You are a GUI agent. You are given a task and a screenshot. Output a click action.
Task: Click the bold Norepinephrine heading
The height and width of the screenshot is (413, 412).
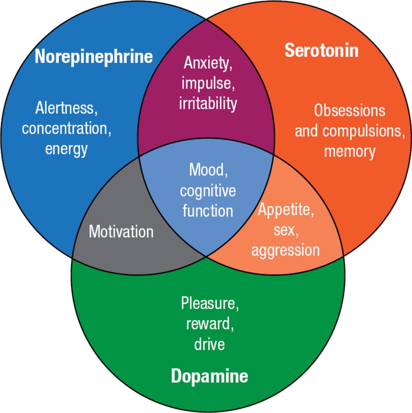[93, 56]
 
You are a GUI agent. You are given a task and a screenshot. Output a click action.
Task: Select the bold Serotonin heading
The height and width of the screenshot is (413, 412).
[321, 51]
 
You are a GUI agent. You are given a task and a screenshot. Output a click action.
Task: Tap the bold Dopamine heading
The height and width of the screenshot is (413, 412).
[209, 376]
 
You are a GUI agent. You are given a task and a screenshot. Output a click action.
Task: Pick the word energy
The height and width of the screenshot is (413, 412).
[66, 149]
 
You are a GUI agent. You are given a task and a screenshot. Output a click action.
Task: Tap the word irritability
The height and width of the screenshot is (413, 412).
[208, 103]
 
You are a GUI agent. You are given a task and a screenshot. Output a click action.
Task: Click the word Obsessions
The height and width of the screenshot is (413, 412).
[349, 110]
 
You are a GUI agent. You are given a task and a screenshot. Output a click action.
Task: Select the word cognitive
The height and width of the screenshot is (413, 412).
[208, 191]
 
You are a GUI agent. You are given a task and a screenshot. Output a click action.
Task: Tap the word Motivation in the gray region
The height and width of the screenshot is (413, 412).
[121, 232]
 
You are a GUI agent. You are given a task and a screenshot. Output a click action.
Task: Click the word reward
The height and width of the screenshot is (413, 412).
[209, 324]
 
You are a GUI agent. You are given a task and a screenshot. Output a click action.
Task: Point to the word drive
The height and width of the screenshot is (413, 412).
[209, 344]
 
